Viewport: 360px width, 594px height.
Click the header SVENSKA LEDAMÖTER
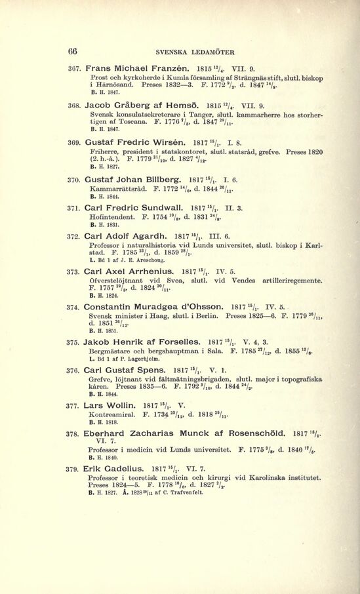point(195,52)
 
